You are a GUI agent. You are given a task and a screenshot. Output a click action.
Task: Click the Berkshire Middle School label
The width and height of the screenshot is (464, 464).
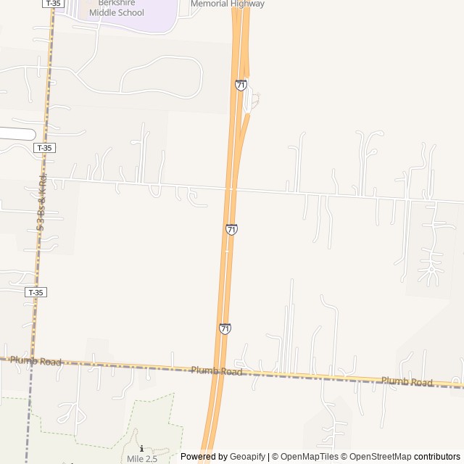tap(121, 8)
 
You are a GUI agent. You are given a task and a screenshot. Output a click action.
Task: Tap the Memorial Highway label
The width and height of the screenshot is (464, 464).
tap(227, 4)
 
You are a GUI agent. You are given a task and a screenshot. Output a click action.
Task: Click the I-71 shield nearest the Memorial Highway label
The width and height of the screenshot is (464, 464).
tap(241, 85)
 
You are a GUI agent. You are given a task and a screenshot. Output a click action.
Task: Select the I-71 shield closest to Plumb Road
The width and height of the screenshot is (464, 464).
tap(225, 328)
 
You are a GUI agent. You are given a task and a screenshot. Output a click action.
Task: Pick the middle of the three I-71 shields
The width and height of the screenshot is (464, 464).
tap(231, 229)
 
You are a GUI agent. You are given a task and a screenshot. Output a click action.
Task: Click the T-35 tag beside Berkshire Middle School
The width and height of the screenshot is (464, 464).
tap(52, 4)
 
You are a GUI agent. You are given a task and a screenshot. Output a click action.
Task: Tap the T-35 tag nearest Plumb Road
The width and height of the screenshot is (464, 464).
tap(35, 292)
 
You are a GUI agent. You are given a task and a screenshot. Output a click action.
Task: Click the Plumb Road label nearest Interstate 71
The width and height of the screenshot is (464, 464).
tap(216, 370)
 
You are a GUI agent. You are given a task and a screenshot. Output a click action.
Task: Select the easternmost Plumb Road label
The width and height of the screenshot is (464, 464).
tap(406, 381)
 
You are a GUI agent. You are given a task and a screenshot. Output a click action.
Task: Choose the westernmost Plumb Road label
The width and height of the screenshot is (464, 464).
tap(36, 360)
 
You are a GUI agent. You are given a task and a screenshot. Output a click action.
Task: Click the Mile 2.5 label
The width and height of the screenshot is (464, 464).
tap(142, 458)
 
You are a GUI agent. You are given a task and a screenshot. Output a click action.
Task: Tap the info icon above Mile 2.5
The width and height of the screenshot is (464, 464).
tap(141, 449)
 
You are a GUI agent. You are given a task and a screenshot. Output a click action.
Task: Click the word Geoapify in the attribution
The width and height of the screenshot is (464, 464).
tap(247, 457)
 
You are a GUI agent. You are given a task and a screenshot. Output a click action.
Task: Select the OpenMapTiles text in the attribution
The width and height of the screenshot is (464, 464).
tap(309, 457)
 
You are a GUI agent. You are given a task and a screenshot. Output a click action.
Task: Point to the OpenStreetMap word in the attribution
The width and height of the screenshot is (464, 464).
tap(380, 457)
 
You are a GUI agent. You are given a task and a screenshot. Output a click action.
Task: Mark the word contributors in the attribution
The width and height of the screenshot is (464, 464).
tap(437, 457)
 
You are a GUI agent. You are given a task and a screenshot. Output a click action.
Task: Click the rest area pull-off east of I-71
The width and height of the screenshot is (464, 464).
tap(252, 102)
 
